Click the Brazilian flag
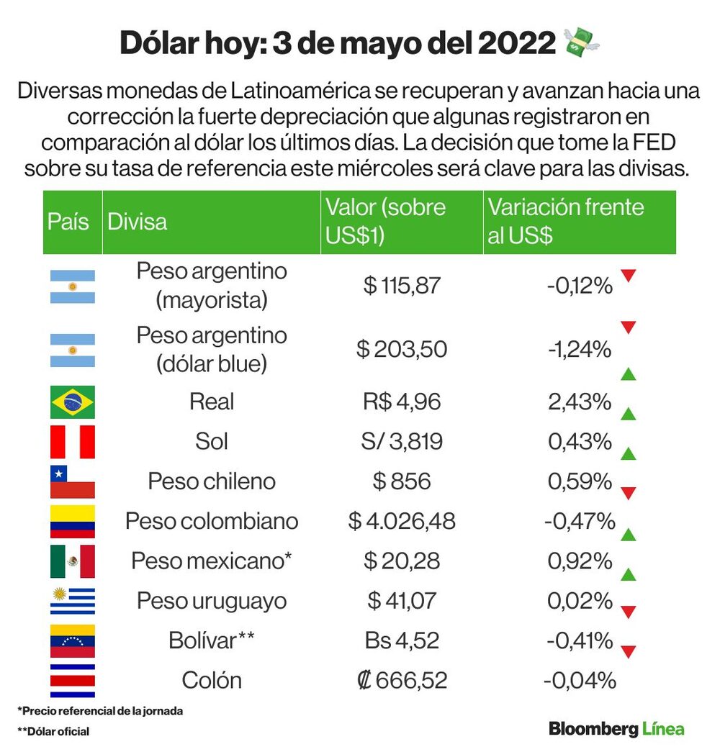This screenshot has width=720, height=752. pyautogui.click(x=73, y=402)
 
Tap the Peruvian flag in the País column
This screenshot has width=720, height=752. pyautogui.click(x=73, y=442)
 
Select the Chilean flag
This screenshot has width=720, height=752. pyautogui.click(x=73, y=481)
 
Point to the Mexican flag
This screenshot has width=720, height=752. pyautogui.click(x=73, y=561)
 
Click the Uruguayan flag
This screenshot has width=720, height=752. pyautogui.click(x=73, y=601)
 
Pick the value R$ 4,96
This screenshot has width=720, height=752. pyautogui.click(x=402, y=402)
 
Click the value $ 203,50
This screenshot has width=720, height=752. pyautogui.click(x=402, y=349)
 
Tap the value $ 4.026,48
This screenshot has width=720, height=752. pyautogui.click(x=402, y=521)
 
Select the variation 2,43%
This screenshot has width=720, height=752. pyautogui.click(x=580, y=402)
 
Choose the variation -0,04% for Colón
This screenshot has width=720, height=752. pyautogui.click(x=580, y=681)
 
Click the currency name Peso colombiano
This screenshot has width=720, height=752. pyautogui.click(x=212, y=521)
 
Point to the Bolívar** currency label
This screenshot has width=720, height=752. pyautogui.click(x=212, y=640)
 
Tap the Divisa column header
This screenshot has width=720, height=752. pyautogui.click(x=138, y=222)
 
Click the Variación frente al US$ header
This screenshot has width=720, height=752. pyautogui.click(x=566, y=221)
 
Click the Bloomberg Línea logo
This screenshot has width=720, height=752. pyautogui.click(x=617, y=729)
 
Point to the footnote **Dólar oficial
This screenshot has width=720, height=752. pyautogui.click(x=53, y=731)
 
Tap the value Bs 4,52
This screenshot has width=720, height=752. pyautogui.click(x=402, y=640)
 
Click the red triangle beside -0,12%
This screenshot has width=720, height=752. pyautogui.click(x=629, y=276)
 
